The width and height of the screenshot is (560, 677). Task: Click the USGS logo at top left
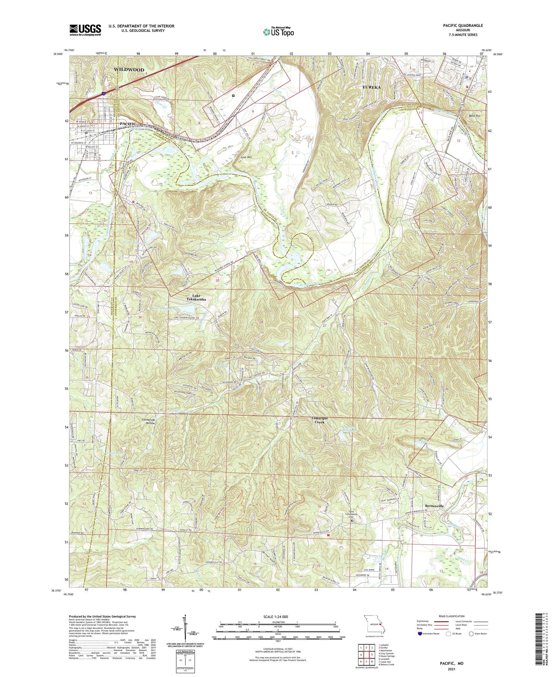coord(85,29)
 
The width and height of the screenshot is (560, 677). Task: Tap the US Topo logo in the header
coord(278,32)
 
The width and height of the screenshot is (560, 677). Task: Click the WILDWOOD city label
coord(129,70)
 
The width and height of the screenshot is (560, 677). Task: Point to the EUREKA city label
coord(371,87)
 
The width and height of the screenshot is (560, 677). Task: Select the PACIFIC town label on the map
coord(128,124)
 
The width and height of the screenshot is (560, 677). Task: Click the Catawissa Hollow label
coord(148,421)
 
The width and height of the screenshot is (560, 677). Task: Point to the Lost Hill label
coord(246,157)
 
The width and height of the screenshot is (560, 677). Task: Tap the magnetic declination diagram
coord(185,629)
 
